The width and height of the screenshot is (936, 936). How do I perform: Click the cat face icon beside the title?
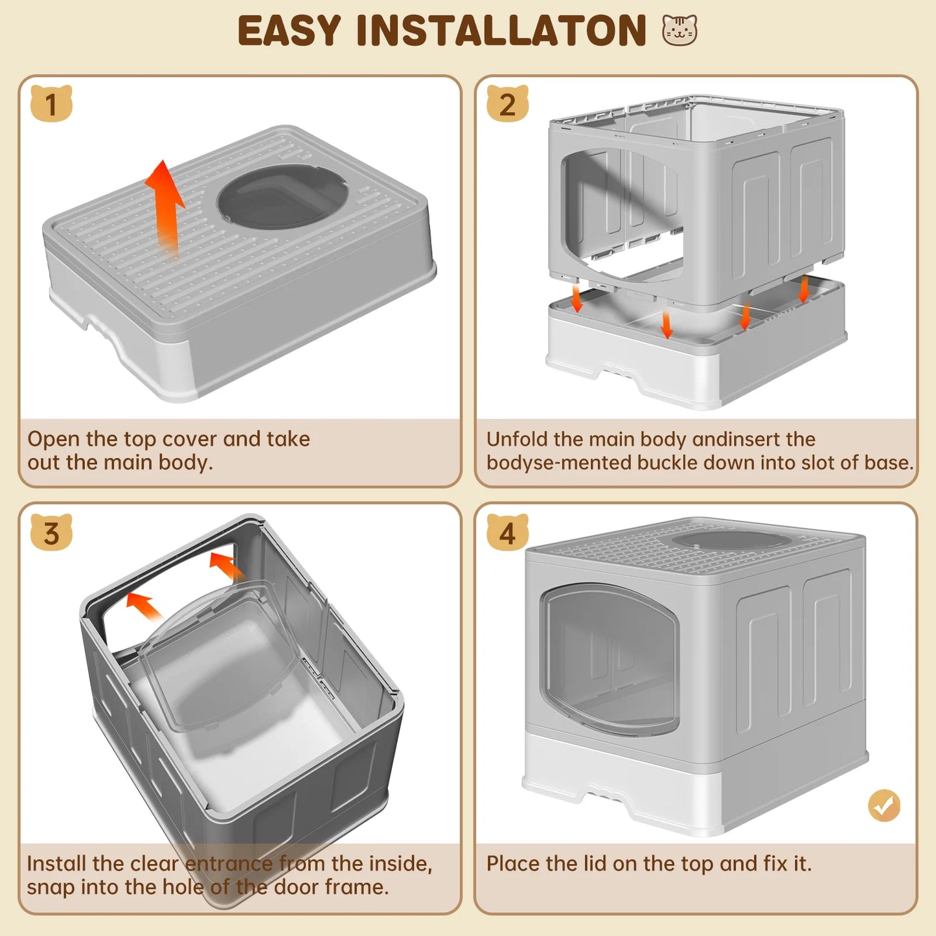pos(679,30)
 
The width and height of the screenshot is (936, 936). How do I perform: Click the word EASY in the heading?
pos(289,31)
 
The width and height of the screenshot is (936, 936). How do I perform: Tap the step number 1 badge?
pos(51,104)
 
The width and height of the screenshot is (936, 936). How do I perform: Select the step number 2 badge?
pos(507,104)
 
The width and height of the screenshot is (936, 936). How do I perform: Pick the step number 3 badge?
pos(51,533)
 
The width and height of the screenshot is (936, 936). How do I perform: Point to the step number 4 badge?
pos(507,533)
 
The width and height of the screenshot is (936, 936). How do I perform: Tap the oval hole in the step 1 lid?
pos(279,196)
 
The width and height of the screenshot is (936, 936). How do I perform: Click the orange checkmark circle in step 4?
pos(884,806)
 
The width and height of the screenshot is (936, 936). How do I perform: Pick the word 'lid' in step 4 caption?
pos(586,863)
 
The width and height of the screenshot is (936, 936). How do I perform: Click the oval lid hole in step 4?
pos(731,540)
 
